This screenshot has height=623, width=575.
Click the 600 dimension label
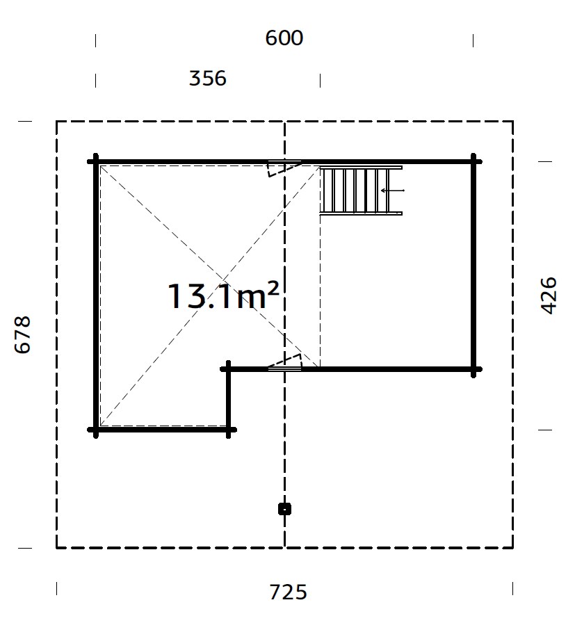284,38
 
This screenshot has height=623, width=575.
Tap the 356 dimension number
207,79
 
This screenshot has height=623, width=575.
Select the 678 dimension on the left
23,334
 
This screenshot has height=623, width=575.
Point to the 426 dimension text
549,296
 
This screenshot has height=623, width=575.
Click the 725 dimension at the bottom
288,592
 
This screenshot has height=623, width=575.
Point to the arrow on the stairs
393,191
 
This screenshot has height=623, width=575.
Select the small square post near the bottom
284,509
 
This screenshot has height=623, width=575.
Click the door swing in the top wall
284,168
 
